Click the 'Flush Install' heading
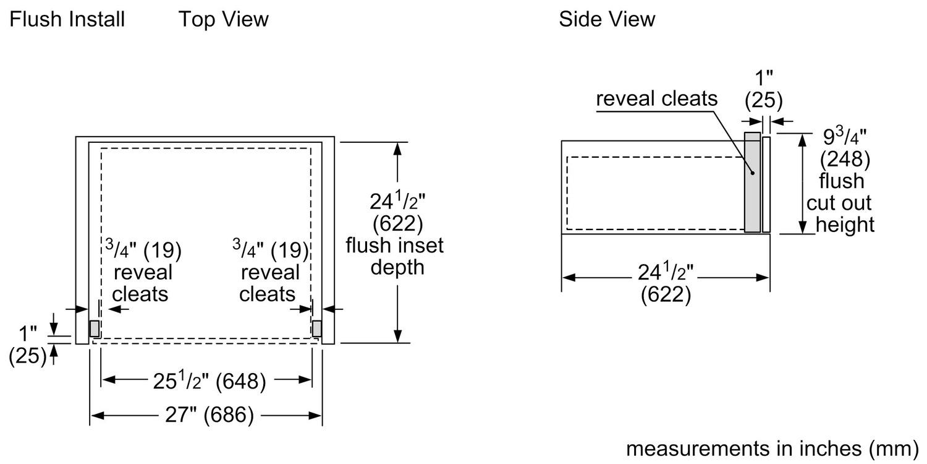click(67, 20)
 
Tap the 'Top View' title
click(224, 20)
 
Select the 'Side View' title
click(607, 20)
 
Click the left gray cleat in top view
click(95, 329)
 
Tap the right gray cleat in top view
click(317, 329)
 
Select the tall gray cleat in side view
click(752, 183)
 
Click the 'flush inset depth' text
click(394, 257)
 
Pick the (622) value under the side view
click(665, 295)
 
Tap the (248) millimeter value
click(845, 160)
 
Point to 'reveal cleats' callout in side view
click(656, 99)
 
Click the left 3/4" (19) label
click(143, 251)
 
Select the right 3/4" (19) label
click(270, 251)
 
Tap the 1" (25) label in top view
click(27, 345)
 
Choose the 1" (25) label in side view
click(764, 89)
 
